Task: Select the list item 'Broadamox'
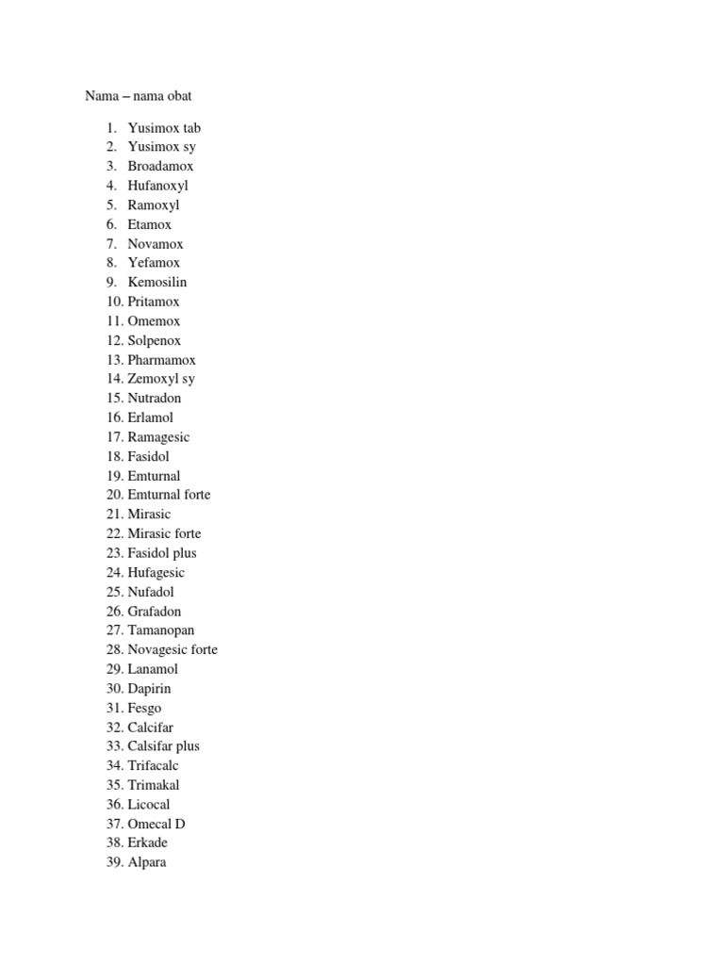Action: click(x=160, y=166)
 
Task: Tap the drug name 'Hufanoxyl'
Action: click(x=157, y=186)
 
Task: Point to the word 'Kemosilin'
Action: click(x=157, y=282)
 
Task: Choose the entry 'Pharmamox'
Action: click(x=162, y=360)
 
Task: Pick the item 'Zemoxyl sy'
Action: click(x=161, y=379)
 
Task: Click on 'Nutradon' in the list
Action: click(x=155, y=398)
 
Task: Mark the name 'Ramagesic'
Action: click(x=158, y=437)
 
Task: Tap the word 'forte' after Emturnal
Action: click(x=197, y=495)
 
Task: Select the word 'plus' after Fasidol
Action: click(x=185, y=553)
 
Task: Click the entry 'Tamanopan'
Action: click(x=161, y=630)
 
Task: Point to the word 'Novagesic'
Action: click(x=156, y=650)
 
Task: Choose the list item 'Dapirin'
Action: click(x=150, y=689)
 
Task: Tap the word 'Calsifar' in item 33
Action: click(x=151, y=746)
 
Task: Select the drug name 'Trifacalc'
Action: click(x=153, y=766)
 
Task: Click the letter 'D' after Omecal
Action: click(x=180, y=824)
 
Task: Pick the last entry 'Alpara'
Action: click(x=147, y=862)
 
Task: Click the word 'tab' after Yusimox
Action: click(x=191, y=128)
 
